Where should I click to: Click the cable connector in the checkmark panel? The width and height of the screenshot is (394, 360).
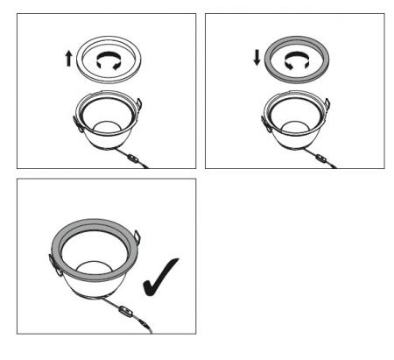pos(125,314)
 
